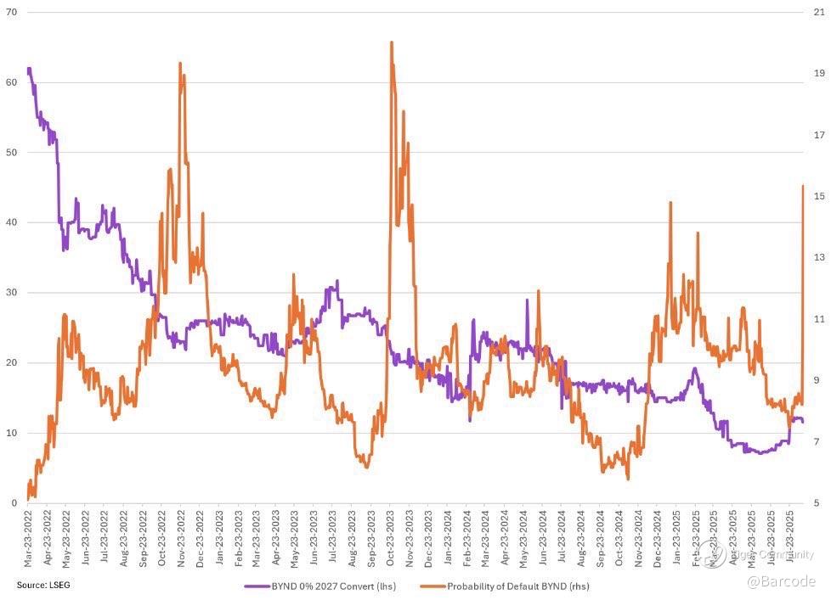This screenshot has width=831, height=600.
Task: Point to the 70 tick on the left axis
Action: (x=11, y=12)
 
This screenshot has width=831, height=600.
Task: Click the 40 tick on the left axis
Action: (x=11, y=222)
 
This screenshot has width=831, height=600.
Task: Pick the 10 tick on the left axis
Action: (x=11, y=433)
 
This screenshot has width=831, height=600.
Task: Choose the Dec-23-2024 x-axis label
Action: (x=658, y=538)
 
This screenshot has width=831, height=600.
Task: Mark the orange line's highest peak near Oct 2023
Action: (x=391, y=42)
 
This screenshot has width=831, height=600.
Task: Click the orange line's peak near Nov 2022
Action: (x=180, y=63)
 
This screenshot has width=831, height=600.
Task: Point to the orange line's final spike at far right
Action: (x=803, y=186)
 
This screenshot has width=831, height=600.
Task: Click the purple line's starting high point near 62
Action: (x=29, y=69)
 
